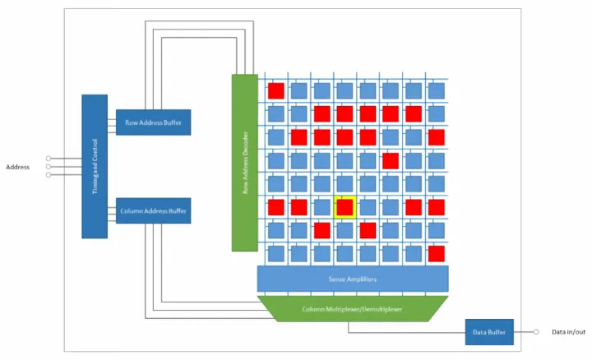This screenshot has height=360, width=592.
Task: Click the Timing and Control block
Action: (x=95, y=166)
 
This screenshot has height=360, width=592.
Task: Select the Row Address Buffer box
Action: (x=153, y=122)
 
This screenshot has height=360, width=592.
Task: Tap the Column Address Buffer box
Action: (x=153, y=210)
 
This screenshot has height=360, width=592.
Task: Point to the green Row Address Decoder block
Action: (x=244, y=162)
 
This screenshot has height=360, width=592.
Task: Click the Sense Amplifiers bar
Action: (x=353, y=279)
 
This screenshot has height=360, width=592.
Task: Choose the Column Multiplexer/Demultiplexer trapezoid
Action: (x=353, y=308)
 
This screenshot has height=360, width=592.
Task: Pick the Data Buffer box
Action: (x=489, y=332)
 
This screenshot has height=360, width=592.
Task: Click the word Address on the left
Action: (x=18, y=167)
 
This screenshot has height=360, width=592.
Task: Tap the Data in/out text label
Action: (x=568, y=332)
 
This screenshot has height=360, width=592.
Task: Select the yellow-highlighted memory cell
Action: (x=345, y=207)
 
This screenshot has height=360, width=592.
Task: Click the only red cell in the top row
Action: (x=275, y=90)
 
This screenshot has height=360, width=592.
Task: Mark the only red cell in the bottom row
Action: (x=437, y=252)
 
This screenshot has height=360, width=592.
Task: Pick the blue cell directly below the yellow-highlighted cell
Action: (x=345, y=229)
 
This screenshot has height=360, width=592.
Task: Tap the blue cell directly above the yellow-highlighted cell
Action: (x=345, y=183)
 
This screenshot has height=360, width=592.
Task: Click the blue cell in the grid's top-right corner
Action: (x=437, y=90)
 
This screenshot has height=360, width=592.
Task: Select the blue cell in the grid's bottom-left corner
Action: (x=275, y=252)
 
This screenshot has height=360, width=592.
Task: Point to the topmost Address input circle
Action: (x=49, y=159)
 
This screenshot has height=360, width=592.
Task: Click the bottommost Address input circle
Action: (x=49, y=174)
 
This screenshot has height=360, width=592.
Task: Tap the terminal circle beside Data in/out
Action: (x=536, y=332)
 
